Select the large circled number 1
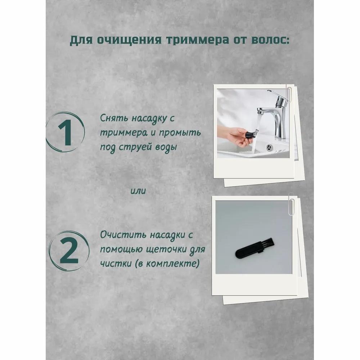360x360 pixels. [66, 132]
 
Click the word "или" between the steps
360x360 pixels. [139, 191]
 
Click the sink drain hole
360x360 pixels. [269, 147]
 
